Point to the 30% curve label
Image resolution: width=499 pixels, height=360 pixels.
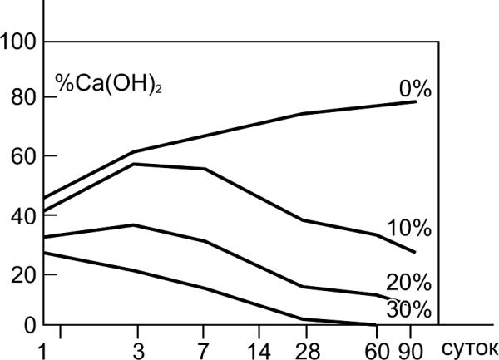click(408, 310)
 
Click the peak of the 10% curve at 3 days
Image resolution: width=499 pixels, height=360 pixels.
click(135, 164)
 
